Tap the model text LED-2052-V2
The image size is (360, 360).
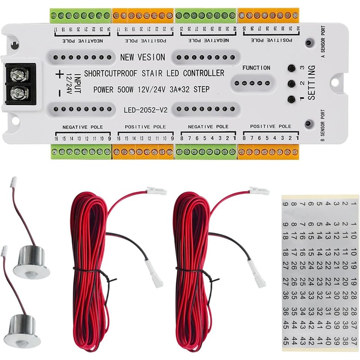point(144,109)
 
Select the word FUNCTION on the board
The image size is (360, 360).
point(256,68)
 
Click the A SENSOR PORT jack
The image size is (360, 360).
point(309,43)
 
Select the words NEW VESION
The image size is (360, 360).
point(143,57)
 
